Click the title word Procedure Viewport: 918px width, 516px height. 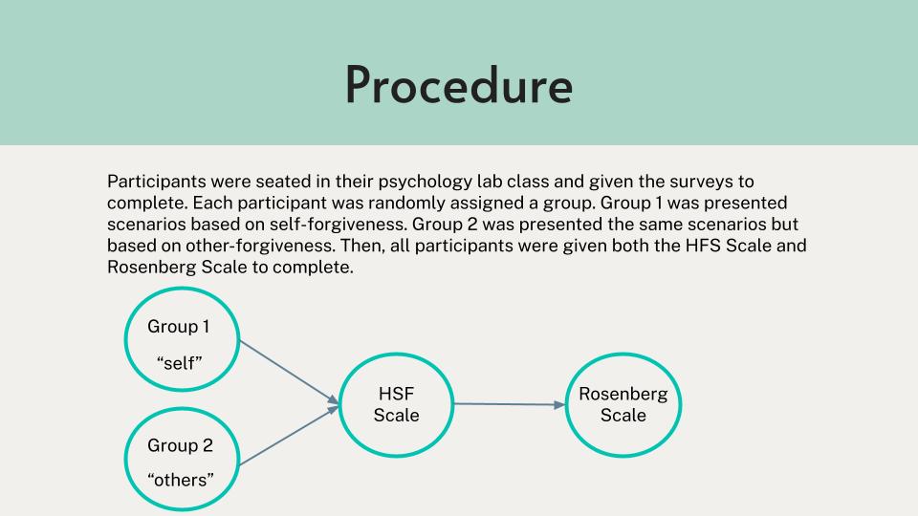(458, 85)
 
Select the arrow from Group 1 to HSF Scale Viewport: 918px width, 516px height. (289, 372)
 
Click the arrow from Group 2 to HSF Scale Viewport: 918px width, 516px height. (289, 436)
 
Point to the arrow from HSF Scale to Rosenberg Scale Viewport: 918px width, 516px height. (510, 404)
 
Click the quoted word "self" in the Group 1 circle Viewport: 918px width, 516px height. (180, 363)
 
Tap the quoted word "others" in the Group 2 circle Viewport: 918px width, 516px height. (181, 480)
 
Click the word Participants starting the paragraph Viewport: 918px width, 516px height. (156, 182)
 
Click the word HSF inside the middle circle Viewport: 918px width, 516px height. (396, 394)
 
